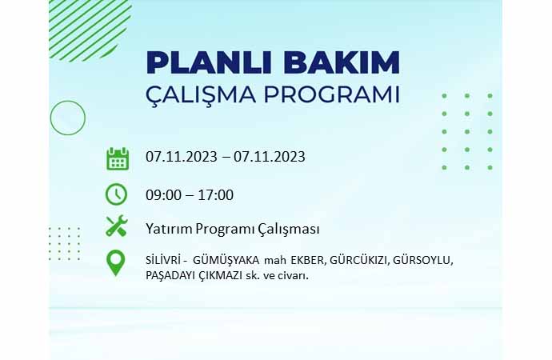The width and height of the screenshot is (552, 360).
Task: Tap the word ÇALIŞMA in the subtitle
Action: click(x=201, y=94)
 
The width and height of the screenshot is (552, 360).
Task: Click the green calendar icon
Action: click(x=118, y=158)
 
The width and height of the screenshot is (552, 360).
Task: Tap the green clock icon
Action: click(x=116, y=194)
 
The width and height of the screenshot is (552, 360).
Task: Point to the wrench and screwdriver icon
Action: click(x=117, y=226)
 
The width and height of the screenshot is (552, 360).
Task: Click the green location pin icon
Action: click(x=115, y=262)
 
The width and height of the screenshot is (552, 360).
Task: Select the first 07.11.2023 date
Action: click(x=182, y=157)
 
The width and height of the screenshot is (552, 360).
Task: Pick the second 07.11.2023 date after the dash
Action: click(x=270, y=157)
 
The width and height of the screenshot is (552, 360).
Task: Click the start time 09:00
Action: click(x=163, y=195)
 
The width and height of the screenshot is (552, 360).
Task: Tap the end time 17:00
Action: click(x=215, y=195)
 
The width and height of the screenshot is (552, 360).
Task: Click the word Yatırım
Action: click(x=169, y=229)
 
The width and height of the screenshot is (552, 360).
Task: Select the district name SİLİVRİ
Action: click(x=164, y=261)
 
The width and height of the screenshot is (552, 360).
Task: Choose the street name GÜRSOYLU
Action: click(x=423, y=261)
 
